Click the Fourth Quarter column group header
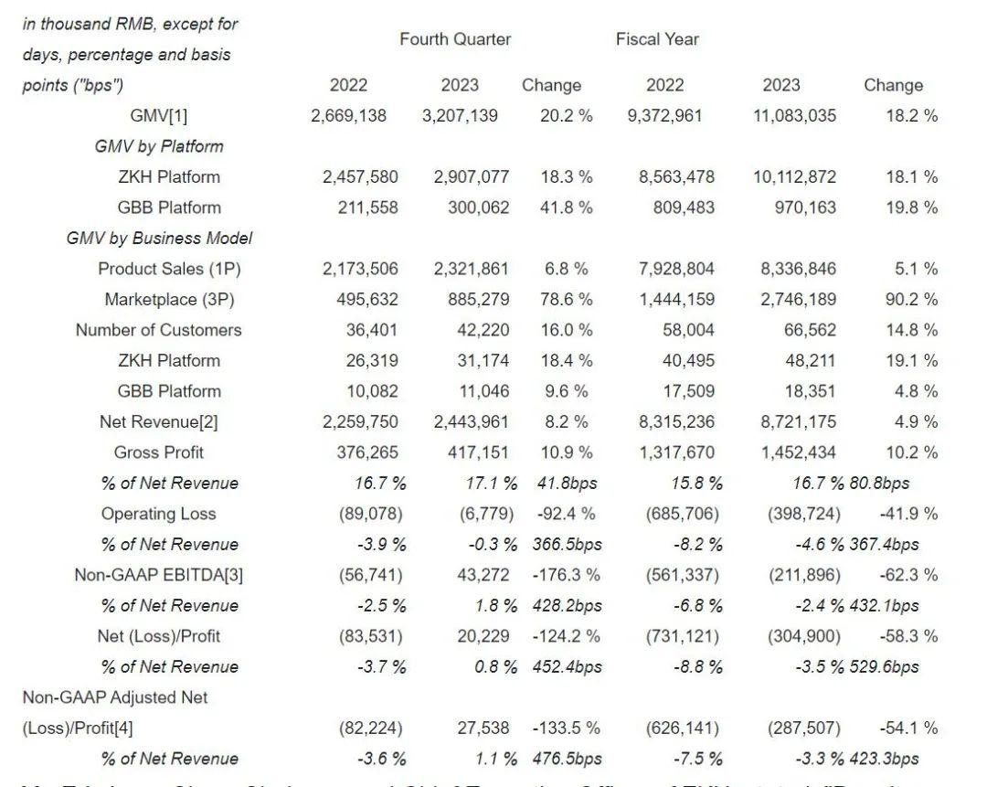pyautogui.click(x=455, y=39)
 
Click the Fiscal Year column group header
pyautogui.click(x=657, y=39)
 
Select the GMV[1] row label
pyautogui.click(x=159, y=115)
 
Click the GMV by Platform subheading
pyautogui.click(x=159, y=146)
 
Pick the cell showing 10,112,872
pyautogui.click(x=794, y=176)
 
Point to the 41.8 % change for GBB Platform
pyautogui.click(x=566, y=207)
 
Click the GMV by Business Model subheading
pyautogui.click(x=159, y=238)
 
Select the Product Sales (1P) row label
pyautogui.click(x=170, y=269)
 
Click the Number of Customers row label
pyautogui.click(x=159, y=330)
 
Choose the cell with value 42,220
pyautogui.click(x=483, y=330)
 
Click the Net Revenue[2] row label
pyautogui.click(x=159, y=421)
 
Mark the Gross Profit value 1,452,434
pyautogui.click(x=798, y=452)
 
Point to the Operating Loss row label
pyautogui.click(x=159, y=514)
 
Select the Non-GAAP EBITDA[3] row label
pyautogui.click(x=159, y=575)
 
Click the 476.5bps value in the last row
pyautogui.click(x=567, y=759)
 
